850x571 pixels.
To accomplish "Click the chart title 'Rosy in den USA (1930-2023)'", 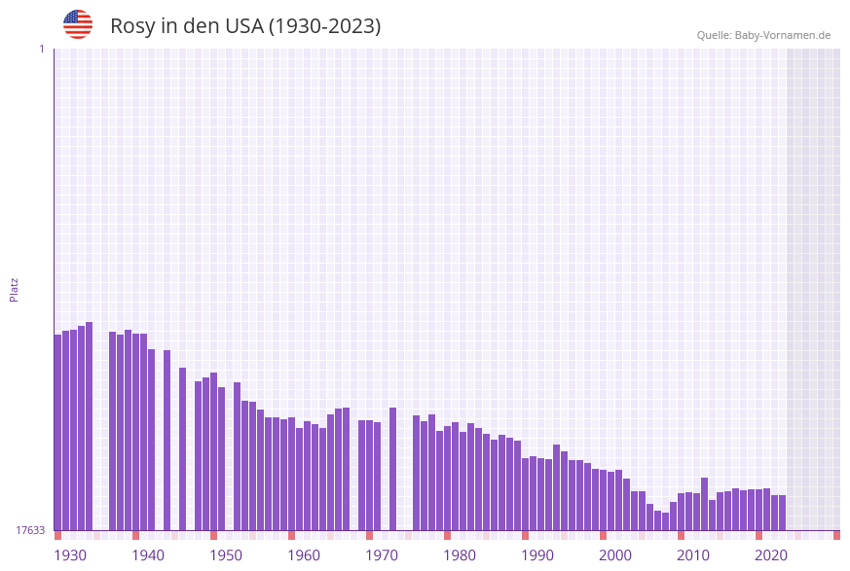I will click(245, 26).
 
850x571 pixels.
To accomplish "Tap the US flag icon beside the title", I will click(78, 24).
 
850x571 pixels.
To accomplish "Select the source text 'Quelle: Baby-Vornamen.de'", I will click(763, 35).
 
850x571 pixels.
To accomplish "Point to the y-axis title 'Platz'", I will click(15, 289).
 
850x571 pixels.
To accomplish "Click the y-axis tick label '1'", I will click(41, 49).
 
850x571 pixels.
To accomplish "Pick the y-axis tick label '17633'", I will click(30, 530).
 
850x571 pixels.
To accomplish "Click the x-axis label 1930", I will click(70, 555).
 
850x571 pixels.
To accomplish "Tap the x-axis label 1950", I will click(226, 555).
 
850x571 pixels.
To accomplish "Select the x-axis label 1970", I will click(382, 555).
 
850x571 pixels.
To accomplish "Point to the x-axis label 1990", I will click(537, 555).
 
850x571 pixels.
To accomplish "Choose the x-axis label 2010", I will click(693, 555).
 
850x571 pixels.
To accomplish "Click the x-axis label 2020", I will click(771, 555).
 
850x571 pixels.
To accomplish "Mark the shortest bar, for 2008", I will click(665, 521).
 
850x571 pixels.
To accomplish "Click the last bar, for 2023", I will click(782, 513).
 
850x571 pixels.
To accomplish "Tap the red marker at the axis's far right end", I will click(836, 535).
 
